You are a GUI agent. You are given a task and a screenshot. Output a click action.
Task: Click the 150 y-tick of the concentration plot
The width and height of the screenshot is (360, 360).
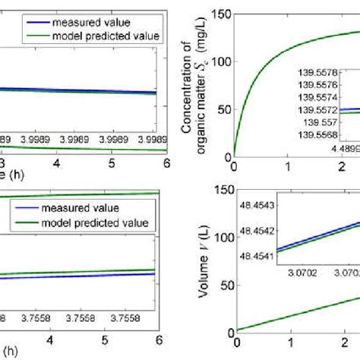click(x=221, y=13)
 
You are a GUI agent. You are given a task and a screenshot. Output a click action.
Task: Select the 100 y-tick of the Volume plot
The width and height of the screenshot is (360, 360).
click(x=221, y=238)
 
